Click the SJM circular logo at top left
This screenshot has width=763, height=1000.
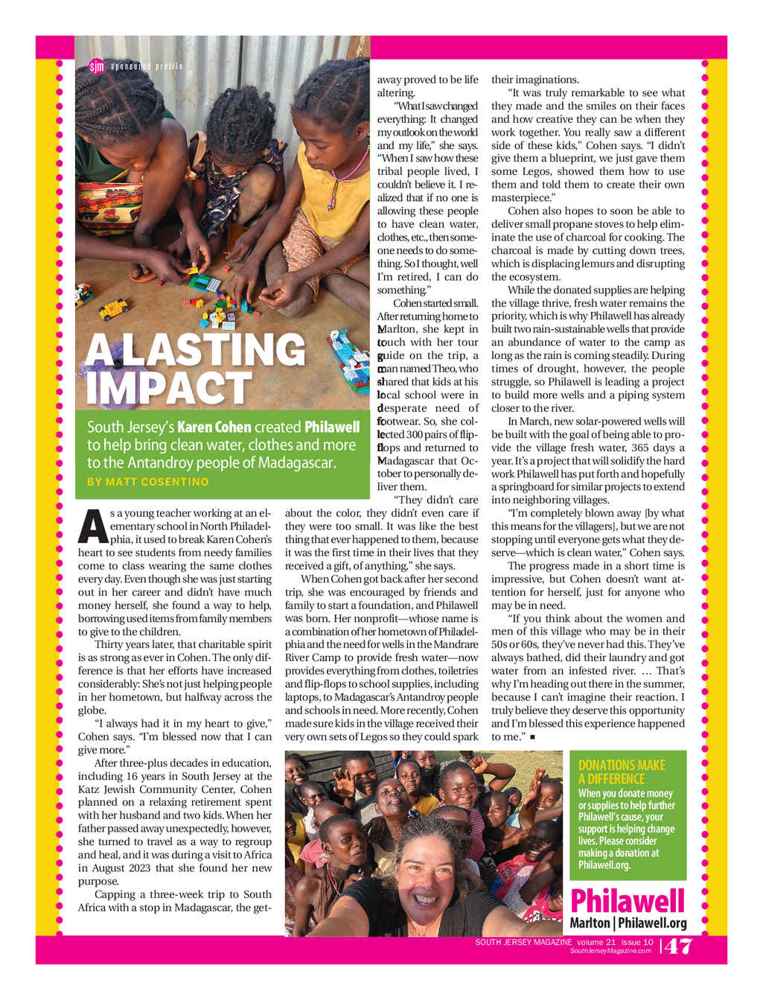[x=97, y=66]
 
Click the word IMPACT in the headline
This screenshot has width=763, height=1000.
[x=169, y=388]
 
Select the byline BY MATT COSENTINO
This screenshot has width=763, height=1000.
[x=148, y=482]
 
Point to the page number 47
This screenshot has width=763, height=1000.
[x=678, y=947]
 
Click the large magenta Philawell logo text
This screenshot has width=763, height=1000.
[x=627, y=901]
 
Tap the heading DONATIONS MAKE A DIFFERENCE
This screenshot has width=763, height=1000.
[x=622, y=771]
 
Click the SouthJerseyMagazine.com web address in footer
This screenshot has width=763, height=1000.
[x=610, y=951]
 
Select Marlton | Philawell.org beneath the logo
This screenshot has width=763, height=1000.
[x=628, y=923]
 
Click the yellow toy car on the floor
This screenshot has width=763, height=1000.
[x=113, y=308]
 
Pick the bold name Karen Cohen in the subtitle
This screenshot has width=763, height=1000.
[x=214, y=427]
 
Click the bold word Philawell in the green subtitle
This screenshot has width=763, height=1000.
[x=332, y=427]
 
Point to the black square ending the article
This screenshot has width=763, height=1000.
[x=533, y=737]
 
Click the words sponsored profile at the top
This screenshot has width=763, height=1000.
[x=147, y=67]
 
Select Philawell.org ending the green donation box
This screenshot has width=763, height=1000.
[x=604, y=865]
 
